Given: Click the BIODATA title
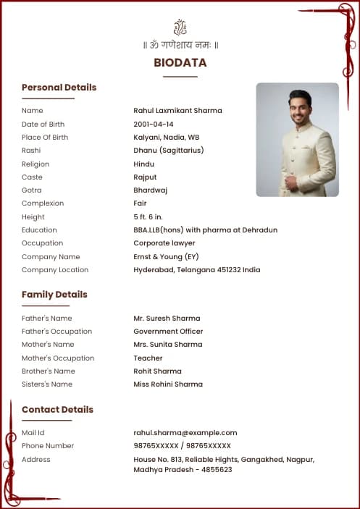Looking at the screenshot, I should [180, 63].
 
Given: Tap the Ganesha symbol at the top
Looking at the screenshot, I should [180, 28].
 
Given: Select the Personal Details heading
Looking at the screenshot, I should [59, 88].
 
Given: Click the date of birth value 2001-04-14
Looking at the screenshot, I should [154, 125].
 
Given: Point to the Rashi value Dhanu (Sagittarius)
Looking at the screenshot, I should [169, 151].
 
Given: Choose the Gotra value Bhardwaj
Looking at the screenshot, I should [151, 190].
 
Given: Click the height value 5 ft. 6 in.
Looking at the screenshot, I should [149, 217].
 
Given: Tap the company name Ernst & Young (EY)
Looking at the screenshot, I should [166, 257].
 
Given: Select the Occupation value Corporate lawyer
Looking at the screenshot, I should [164, 243].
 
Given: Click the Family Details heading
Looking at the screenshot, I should [54, 295].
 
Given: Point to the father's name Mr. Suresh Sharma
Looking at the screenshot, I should [167, 319].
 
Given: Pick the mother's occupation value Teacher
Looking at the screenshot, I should [148, 358].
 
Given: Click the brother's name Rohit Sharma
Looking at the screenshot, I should [157, 371].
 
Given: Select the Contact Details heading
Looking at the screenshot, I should [57, 410].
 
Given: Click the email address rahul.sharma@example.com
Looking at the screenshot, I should [185, 433].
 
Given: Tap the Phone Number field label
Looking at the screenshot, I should [48, 446].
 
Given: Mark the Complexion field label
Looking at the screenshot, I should [43, 203].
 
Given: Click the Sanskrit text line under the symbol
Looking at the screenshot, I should [180, 45].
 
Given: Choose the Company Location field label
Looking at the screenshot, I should [55, 270].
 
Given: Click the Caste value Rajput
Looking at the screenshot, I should [145, 177].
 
